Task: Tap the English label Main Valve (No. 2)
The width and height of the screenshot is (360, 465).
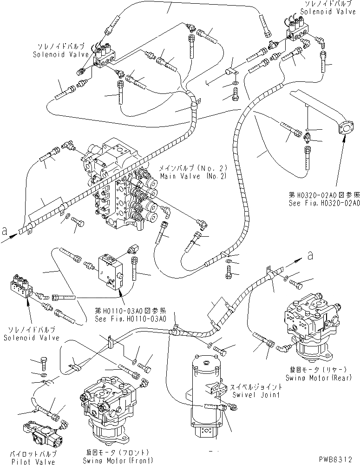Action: [x=183, y=177]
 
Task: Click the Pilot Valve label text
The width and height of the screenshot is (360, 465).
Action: [x=39, y=462]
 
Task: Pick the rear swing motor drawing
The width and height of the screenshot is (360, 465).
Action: [x=310, y=325]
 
